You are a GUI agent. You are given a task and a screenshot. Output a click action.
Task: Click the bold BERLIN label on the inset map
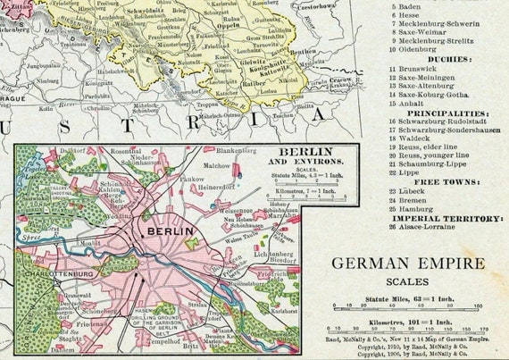pos(163,230)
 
